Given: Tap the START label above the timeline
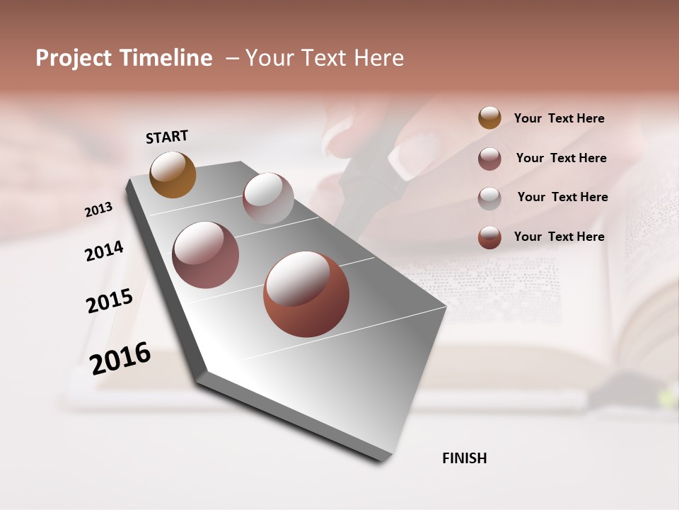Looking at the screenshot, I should point(167,137).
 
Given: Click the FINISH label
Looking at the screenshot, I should point(465,458).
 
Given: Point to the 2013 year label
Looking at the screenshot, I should point(98,209).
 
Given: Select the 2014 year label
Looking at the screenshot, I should point(104,251).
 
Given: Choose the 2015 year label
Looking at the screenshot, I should point(110,301).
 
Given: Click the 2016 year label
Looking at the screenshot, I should point(120,358).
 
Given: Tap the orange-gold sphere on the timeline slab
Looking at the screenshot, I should point(173,174).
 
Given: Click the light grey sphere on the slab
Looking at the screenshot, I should point(268,198).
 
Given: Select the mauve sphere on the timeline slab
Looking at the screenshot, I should point(206,255).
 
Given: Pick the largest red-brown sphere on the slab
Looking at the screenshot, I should point(306,294).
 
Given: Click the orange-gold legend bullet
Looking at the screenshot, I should point(489,118).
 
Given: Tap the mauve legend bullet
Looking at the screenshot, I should point(489,159).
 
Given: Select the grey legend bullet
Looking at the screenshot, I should point(489,198).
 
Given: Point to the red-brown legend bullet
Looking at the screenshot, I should point(489,237).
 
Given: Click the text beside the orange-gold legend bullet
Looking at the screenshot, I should point(559,119).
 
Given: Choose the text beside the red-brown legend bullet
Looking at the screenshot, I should point(559,237).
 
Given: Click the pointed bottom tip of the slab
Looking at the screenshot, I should point(386,459).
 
